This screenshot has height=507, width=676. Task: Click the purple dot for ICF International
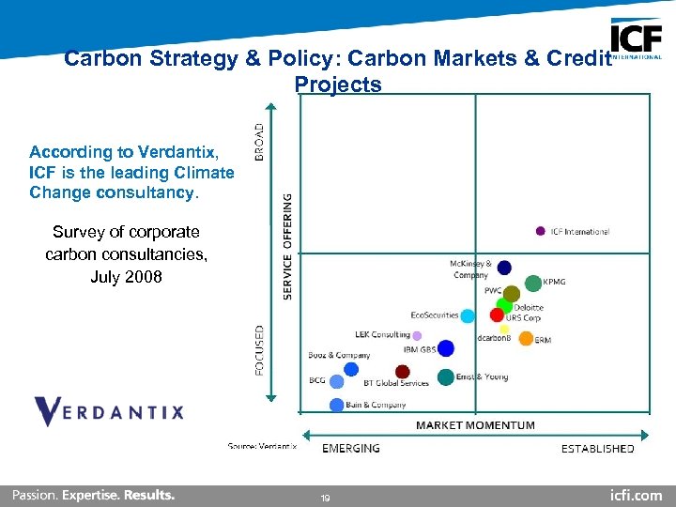tap(541, 231)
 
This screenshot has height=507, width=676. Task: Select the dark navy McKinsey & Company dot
tap(504, 268)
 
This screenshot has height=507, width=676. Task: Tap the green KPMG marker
tap(533, 283)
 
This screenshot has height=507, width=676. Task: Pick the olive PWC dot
tap(512, 294)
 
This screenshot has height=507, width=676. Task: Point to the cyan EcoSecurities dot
tap(468, 316)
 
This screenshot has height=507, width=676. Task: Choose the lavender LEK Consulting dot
tap(417, 335)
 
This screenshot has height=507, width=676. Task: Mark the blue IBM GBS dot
tap(446, 348)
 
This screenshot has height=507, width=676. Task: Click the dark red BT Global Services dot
tap(403, 372)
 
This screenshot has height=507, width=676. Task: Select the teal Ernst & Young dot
tap(446, 377)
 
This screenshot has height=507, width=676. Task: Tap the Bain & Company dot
tap(337, 405)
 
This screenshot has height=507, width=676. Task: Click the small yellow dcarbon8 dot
tap(504, 329)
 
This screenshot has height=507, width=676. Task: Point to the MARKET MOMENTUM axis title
tap(475, 425)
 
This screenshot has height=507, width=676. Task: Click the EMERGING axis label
tap(351, 448)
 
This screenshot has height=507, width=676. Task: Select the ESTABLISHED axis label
tap(597, 448)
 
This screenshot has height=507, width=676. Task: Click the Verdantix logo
tap(109, 411)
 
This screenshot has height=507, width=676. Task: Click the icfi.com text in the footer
tap(636, 495)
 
